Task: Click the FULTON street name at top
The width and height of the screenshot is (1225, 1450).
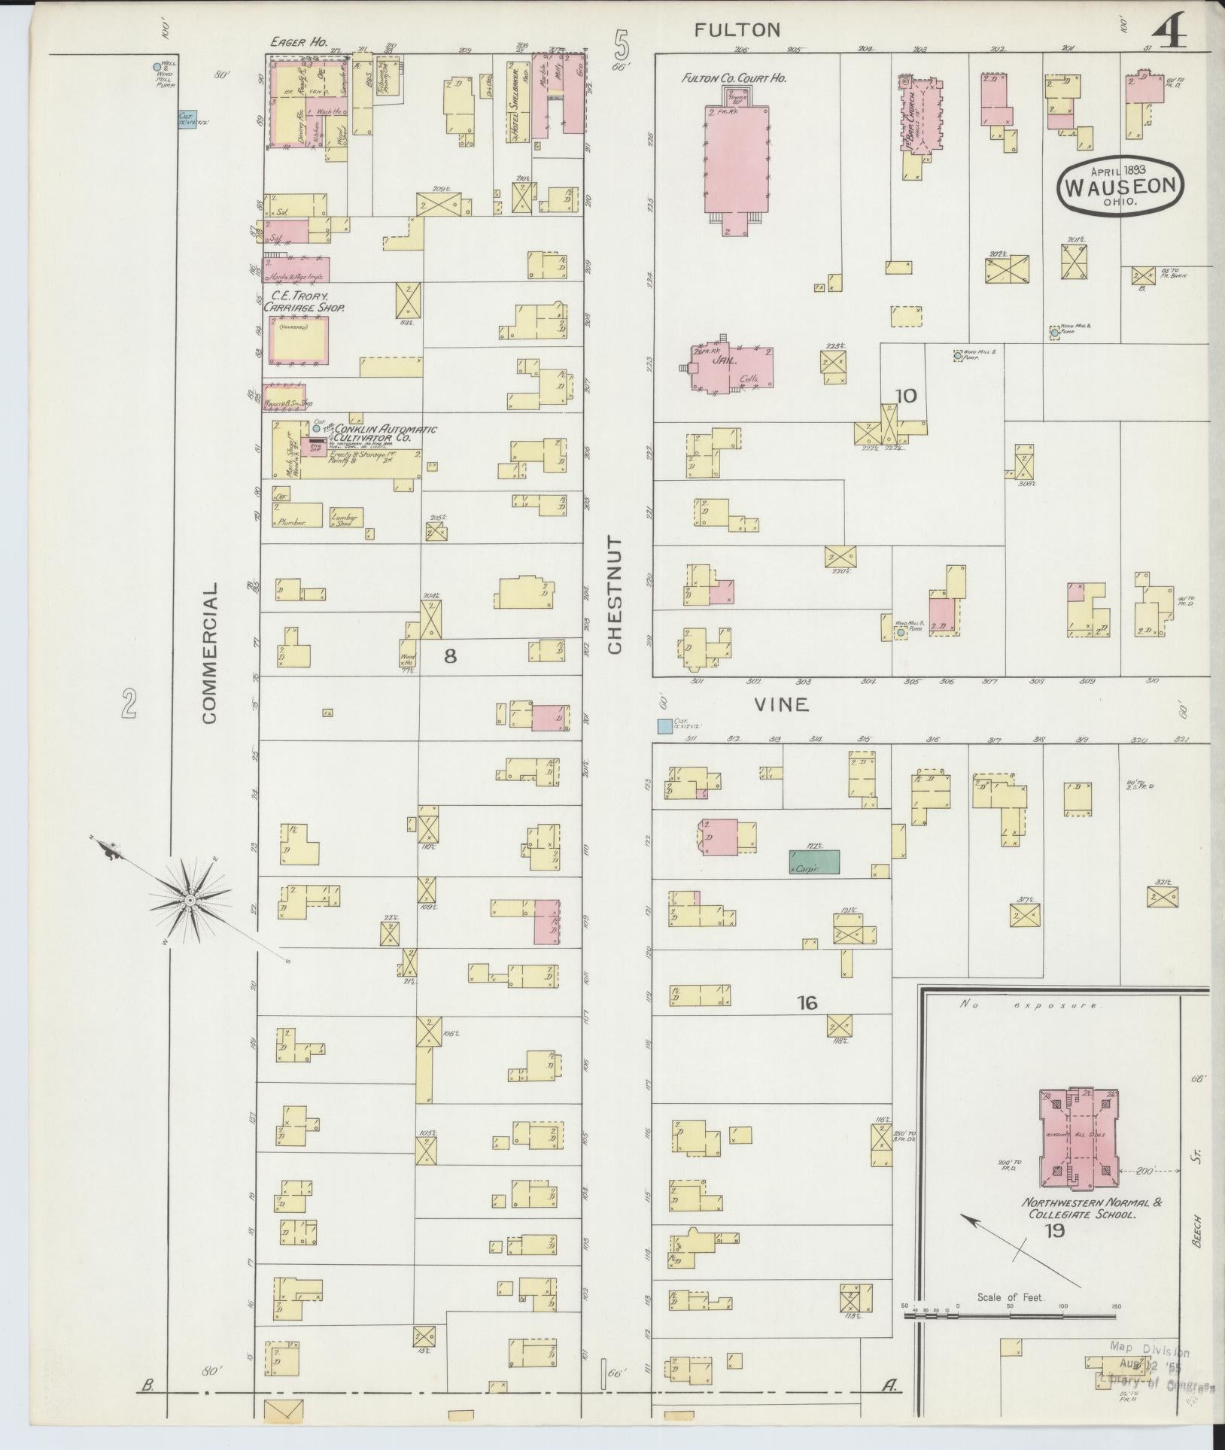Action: tap(737, 30)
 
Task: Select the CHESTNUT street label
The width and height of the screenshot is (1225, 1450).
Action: tap(615, 594)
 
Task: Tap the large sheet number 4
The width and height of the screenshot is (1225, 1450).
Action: tap(1167, 33)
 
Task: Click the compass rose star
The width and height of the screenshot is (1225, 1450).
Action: tap(190, 899)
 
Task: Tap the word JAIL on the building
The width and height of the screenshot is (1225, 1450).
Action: tap(723, 360)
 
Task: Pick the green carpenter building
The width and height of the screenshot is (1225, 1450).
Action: tap(814, 862)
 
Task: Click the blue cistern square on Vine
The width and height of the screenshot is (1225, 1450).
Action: tap(664, 726)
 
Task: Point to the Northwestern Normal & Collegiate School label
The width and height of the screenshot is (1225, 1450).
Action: tap(1090, 1208)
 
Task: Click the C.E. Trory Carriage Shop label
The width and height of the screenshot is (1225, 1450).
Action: tap(303, 302)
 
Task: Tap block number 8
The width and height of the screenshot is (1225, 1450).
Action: tap(449, 656)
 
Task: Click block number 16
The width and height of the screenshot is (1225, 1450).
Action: tap(808, 1002)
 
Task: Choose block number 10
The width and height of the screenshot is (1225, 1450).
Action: tap(907, 395)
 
